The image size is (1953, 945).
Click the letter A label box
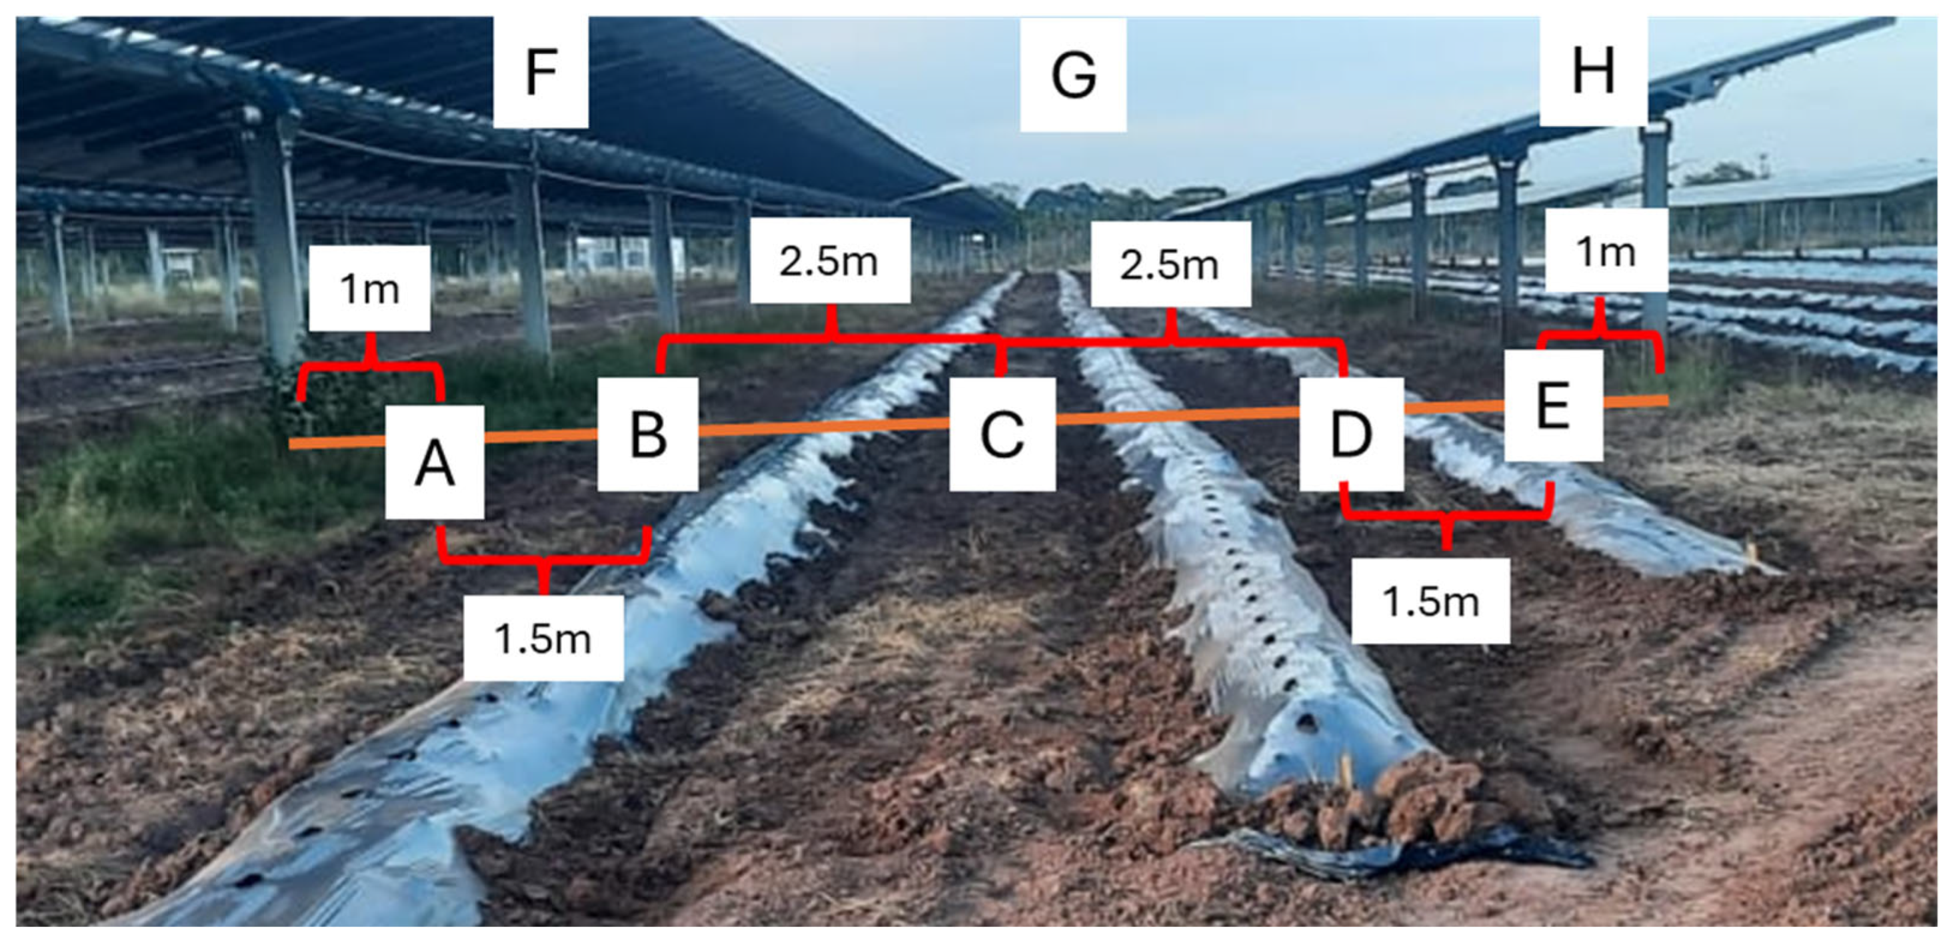[x=435, y=462]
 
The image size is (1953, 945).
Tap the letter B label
[x=647, y=433]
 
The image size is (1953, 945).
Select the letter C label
[x=1002, y=433]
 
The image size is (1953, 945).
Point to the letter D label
[x=1351, y=433]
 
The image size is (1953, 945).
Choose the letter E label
[x=1552, y=405]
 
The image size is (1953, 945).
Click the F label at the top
[x=541, y=72]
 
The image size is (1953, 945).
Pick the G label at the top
[x=1072, y=74]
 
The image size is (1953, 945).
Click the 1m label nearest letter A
[x=369, y=288]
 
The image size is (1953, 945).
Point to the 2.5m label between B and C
[x=829, y=260]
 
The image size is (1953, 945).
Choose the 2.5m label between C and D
[x=1170, y=264]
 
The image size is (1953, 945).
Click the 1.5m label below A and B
[x=543, y=637]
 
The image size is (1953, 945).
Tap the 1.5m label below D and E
[x=1430, y=601]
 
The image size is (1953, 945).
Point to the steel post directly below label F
[x=533, y=250]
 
